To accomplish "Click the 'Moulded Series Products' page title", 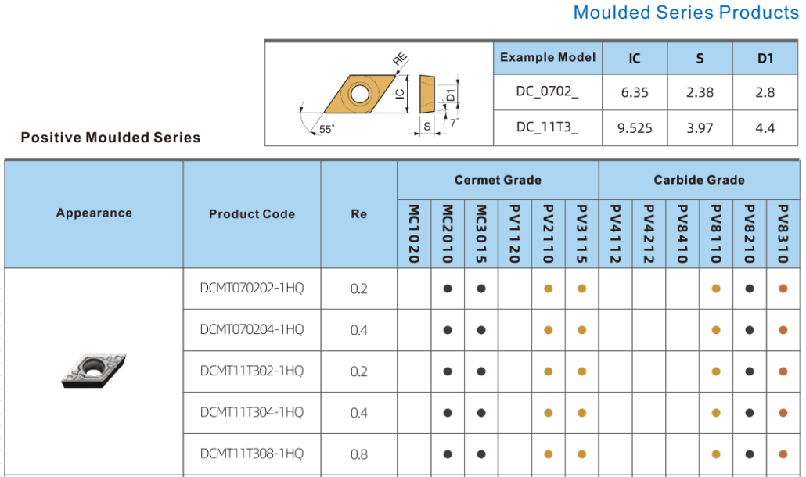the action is (685, 13).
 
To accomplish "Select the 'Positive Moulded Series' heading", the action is (110, 138).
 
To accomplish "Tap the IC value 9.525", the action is (635, 127).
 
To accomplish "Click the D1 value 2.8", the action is (765, 92).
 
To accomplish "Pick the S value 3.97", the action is (700, 127).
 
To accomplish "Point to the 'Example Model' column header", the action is (548, 57).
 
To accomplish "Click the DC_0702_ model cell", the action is (548, 91).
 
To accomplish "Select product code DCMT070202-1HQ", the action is (252, 288).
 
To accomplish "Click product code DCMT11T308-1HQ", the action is (252, 454).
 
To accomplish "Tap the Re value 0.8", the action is (359, 454).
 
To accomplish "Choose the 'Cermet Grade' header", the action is (498, 180).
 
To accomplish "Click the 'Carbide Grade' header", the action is (699, 180).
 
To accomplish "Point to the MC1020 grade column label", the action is (414, 234).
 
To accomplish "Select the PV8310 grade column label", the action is (783, 234).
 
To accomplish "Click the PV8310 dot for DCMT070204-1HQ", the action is (783, 330).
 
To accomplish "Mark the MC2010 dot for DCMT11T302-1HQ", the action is (448, 371).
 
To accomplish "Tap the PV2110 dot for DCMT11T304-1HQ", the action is (549, 413).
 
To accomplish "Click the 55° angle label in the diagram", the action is (326, 129).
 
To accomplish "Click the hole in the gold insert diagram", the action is (359, 94).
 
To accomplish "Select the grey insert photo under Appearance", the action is (94, 371).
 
